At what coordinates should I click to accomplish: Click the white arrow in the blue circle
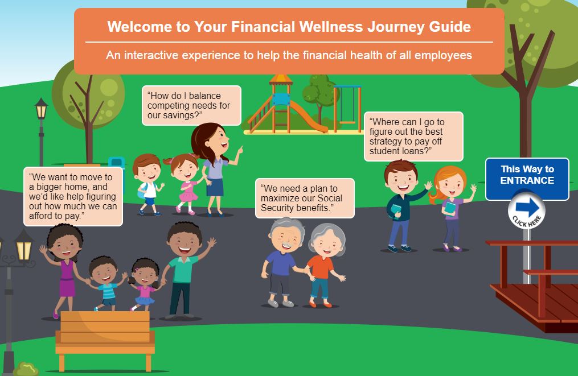coord(527,208)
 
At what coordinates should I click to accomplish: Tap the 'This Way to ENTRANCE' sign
coord(527,175)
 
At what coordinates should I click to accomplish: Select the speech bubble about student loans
coord(413,137)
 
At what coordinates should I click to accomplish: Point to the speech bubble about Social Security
coord(305,198)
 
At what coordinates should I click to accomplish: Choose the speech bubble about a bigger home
coord(73,196)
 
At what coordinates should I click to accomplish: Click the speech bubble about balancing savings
coord(191,105)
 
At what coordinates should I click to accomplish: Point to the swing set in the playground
coord(347,105)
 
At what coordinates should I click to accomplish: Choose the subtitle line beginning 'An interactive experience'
coord(289,56)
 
